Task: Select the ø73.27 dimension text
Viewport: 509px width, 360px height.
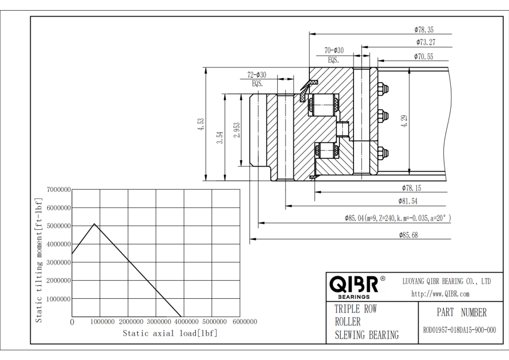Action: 425,42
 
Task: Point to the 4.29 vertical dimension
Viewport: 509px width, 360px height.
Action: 404,121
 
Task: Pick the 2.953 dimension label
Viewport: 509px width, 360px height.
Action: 236,130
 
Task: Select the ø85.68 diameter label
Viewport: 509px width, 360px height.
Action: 408,235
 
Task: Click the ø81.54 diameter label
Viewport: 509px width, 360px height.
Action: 408,201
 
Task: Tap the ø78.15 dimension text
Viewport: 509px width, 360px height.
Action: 411,187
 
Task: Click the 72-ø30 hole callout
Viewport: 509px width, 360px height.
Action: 257,75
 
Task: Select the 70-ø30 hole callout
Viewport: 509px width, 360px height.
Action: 334,50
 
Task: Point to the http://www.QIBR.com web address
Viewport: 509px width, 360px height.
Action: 440,294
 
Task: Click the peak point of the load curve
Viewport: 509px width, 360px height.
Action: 94,224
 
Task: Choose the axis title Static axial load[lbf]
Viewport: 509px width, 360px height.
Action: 170,333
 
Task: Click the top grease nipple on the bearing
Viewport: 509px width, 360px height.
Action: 383,89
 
